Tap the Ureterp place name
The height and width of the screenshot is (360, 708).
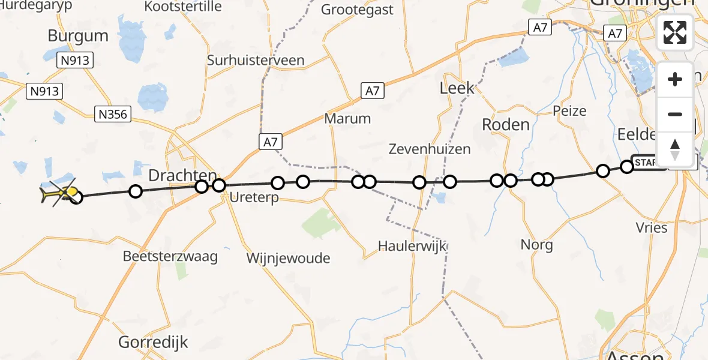255,197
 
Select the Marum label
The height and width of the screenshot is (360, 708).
347,118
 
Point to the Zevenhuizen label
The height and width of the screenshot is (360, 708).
429,149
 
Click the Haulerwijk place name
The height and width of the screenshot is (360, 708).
413,245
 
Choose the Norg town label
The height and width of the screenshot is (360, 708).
537,245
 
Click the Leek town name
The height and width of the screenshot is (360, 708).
457,88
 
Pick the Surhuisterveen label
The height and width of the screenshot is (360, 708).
256,61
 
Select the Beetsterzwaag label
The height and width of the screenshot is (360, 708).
170,256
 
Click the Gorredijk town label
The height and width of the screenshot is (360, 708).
154,343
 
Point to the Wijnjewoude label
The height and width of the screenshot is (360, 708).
288,258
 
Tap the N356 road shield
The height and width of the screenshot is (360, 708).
113,114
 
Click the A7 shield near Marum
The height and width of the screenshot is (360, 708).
373,91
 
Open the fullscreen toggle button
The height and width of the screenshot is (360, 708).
675,32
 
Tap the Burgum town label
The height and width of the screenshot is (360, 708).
78,35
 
